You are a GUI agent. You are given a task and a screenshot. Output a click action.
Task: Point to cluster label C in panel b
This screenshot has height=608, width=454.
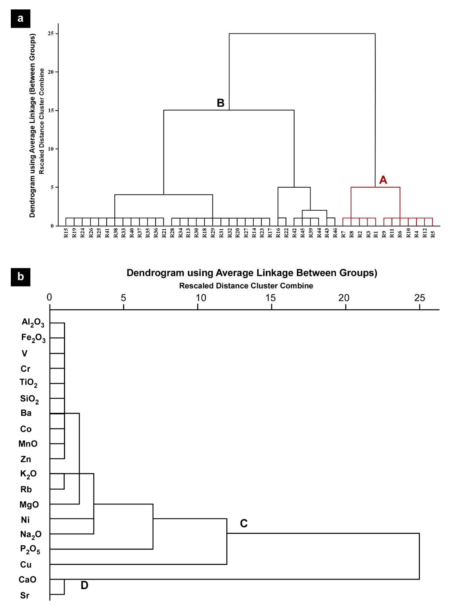243,523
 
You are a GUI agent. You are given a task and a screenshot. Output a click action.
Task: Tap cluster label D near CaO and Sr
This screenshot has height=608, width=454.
84,585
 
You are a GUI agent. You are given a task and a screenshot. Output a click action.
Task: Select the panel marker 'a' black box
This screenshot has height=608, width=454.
20,19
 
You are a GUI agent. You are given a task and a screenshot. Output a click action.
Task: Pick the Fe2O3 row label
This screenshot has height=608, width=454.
33,338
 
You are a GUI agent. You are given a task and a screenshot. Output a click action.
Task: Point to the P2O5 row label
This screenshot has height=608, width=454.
30,550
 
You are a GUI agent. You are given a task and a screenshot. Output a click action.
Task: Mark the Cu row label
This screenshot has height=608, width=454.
26,565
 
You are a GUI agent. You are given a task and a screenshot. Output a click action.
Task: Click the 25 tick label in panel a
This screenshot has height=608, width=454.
51,34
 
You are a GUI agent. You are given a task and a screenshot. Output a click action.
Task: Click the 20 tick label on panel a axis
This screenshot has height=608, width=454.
51,72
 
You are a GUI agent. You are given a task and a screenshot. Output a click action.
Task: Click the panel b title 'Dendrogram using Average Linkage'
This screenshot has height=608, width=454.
252,273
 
